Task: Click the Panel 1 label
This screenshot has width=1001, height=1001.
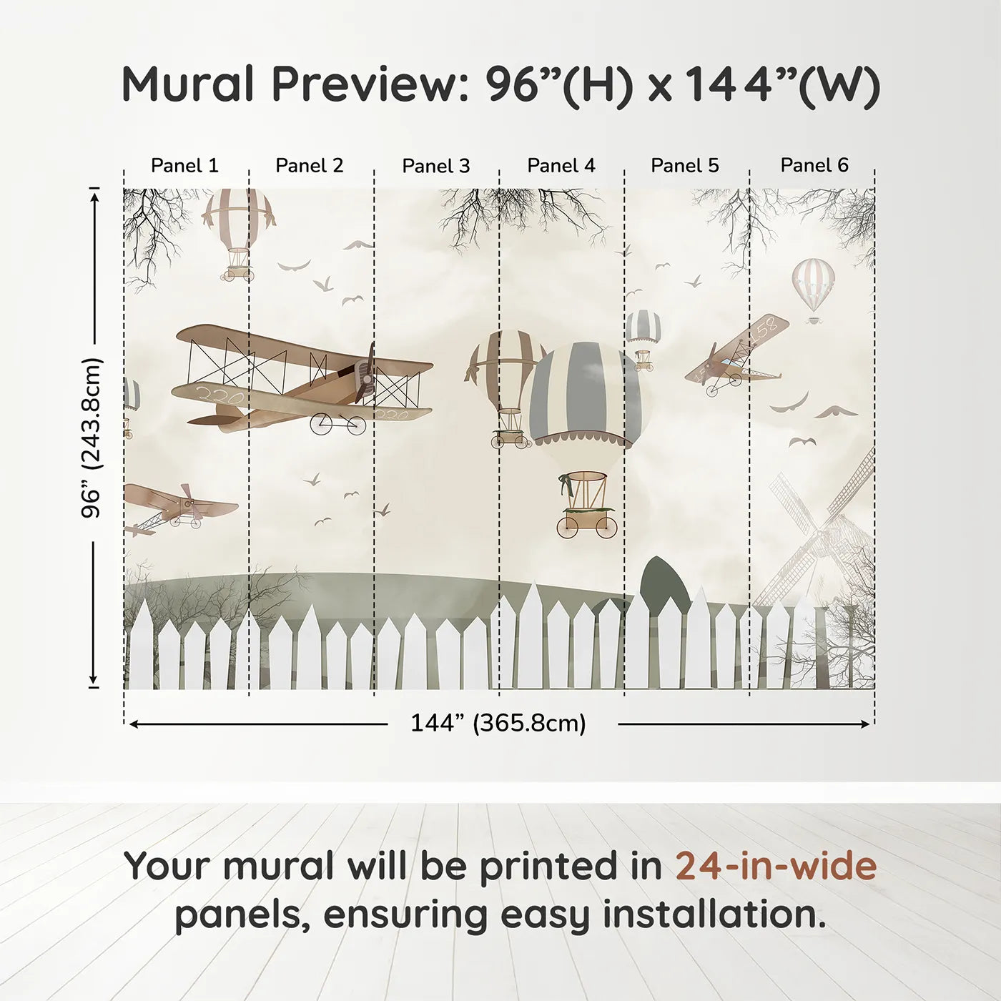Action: tap(184, 166)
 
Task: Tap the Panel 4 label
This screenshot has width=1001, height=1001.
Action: tap(561, 166)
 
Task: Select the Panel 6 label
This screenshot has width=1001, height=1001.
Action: tap(814, 166)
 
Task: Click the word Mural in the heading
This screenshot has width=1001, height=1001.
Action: tap(187, 84)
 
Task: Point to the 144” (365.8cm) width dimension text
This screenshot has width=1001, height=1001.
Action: tap(498, 724)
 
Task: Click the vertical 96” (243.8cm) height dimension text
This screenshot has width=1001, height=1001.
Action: tap(92, 438)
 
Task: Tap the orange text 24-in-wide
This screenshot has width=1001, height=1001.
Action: tap(776, 866)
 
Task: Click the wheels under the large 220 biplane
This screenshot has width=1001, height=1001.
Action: tap(337, 424)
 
